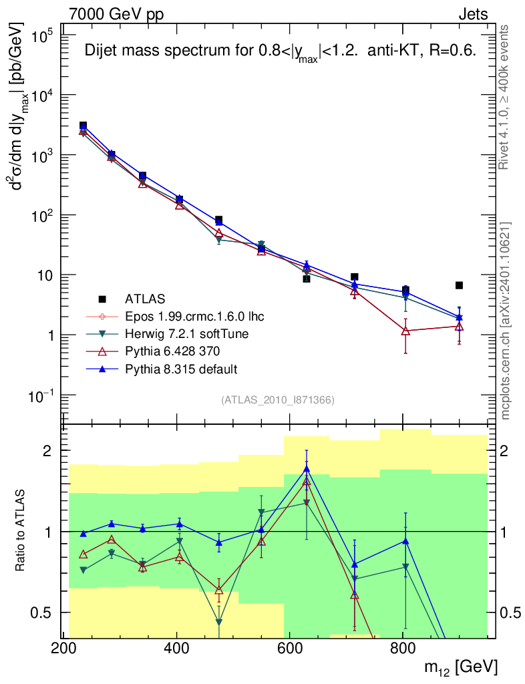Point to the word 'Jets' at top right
[472, 14]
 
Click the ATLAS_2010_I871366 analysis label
[277, 400]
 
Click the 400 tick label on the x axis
[176, 649]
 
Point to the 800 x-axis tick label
[403, 649]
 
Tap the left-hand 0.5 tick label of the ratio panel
[42, 613]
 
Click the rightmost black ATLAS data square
[459, 285]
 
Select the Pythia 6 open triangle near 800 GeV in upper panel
[405, 331]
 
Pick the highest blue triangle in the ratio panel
[307, 469]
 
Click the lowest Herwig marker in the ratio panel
[219, 622]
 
